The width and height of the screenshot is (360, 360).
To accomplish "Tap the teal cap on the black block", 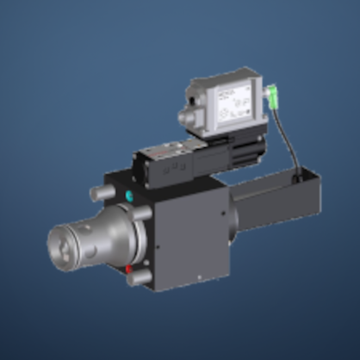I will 130,196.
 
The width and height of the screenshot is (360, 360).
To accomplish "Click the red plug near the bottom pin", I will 128,269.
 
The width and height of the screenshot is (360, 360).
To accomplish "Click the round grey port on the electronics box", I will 188,115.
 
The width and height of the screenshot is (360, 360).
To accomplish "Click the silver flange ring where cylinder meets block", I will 125,233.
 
